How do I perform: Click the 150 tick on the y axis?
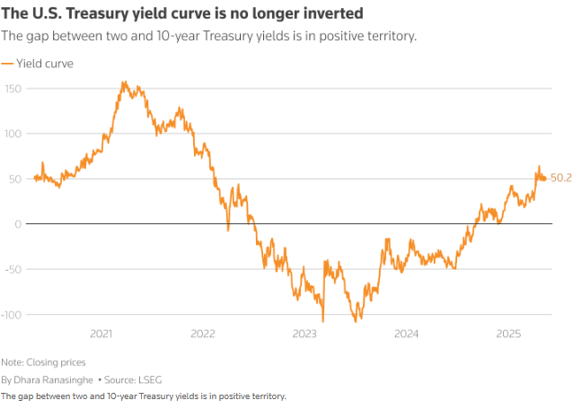click(x=12, y=89)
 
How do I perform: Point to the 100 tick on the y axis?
click(x=12, y=134)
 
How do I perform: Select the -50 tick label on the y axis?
click(x=12, y=269)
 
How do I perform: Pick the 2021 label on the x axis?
click(x=101, y=334)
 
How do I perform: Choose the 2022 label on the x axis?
click(x=203, y=334)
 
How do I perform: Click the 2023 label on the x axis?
click(x=304, y=334)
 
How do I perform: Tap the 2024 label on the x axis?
click(x=407, y=334)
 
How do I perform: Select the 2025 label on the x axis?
click(x=508, y=334)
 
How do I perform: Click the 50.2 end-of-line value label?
click(x=560, y=178)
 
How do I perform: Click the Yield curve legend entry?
click(x=44, y=64)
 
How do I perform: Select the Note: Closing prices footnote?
click(x=43, y=362)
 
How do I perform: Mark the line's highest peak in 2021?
click(x=123, y=83)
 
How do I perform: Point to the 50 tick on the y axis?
click(x=14, y=178)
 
